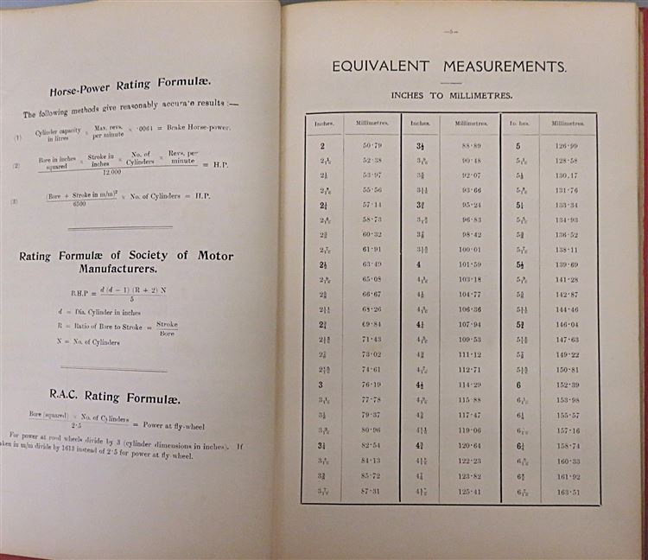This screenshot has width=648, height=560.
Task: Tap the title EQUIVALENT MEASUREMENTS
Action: tap(450, 67)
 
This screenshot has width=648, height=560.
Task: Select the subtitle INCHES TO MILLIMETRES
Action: tap(451, 95)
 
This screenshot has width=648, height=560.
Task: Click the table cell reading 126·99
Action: tap(568, 146)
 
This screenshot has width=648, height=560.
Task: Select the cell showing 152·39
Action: tap(568, 384)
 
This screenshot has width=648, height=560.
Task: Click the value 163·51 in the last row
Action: tap(568, 493)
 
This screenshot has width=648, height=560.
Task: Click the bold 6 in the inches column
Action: tap(518, 384)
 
